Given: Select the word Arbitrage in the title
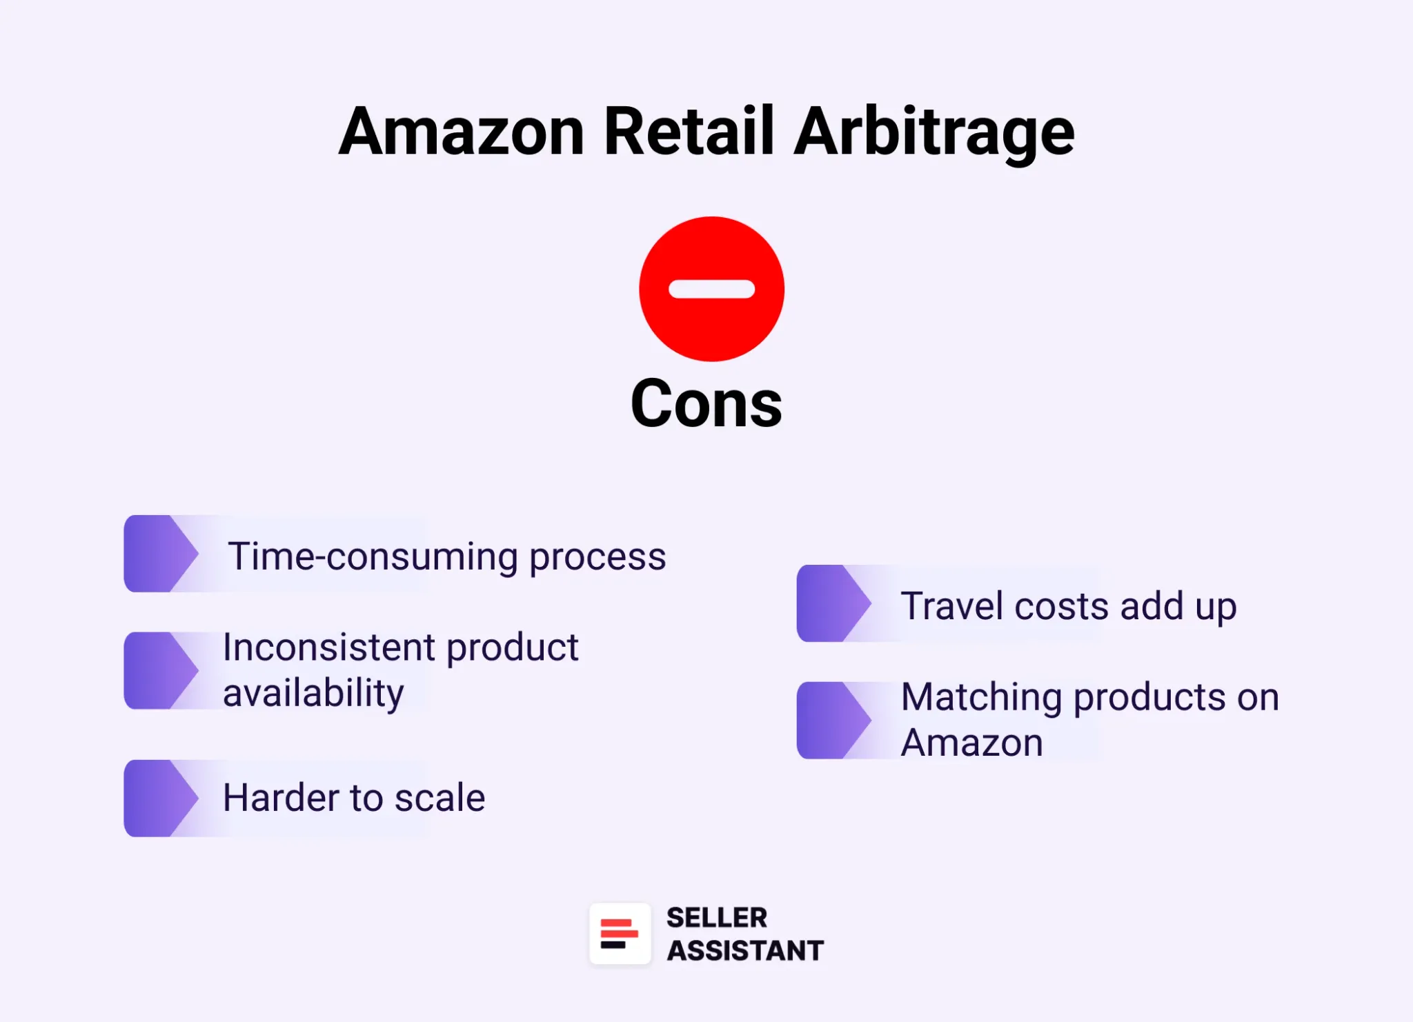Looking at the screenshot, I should (934, 132).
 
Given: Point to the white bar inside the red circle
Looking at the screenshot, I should (711, 289).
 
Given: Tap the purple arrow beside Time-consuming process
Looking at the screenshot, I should (160, 554).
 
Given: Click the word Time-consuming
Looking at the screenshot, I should (373, 557).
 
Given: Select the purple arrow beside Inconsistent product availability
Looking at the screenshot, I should (160, 670).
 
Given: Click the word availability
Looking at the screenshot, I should (313, 693).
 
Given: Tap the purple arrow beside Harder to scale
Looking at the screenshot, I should (160, 798).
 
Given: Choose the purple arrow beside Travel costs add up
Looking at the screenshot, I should (833, 603).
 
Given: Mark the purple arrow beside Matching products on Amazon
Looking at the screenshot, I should (833, 721).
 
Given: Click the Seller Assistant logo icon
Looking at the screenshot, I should (620, 934).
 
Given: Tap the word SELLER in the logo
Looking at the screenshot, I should (716, 918).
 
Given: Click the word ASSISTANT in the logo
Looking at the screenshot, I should (745, 950).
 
